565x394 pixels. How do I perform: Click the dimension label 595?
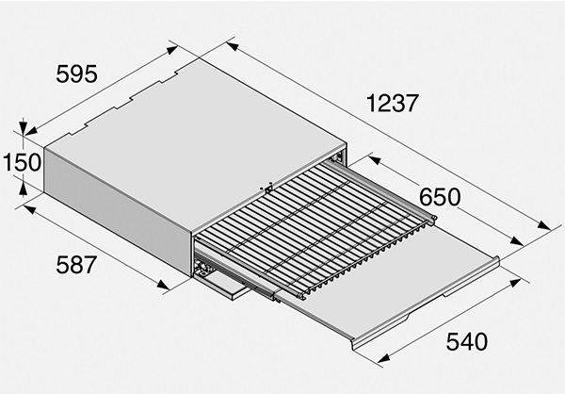(x=77, y=74)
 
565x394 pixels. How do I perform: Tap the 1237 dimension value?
(x=393, y=103)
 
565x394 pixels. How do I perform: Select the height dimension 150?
(x=22, y=162)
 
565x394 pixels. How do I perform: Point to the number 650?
(x=440, y=197)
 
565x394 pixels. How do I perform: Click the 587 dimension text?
(x=76, y=265)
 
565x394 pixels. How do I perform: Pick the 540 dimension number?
(x=467, y=341)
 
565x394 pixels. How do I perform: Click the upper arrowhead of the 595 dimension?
(x=172, y=50)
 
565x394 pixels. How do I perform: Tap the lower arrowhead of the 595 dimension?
(x=31, y=131)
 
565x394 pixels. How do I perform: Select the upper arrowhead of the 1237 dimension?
(x=233, y=46)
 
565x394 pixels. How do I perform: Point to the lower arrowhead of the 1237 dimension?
(x=543, y=225)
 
